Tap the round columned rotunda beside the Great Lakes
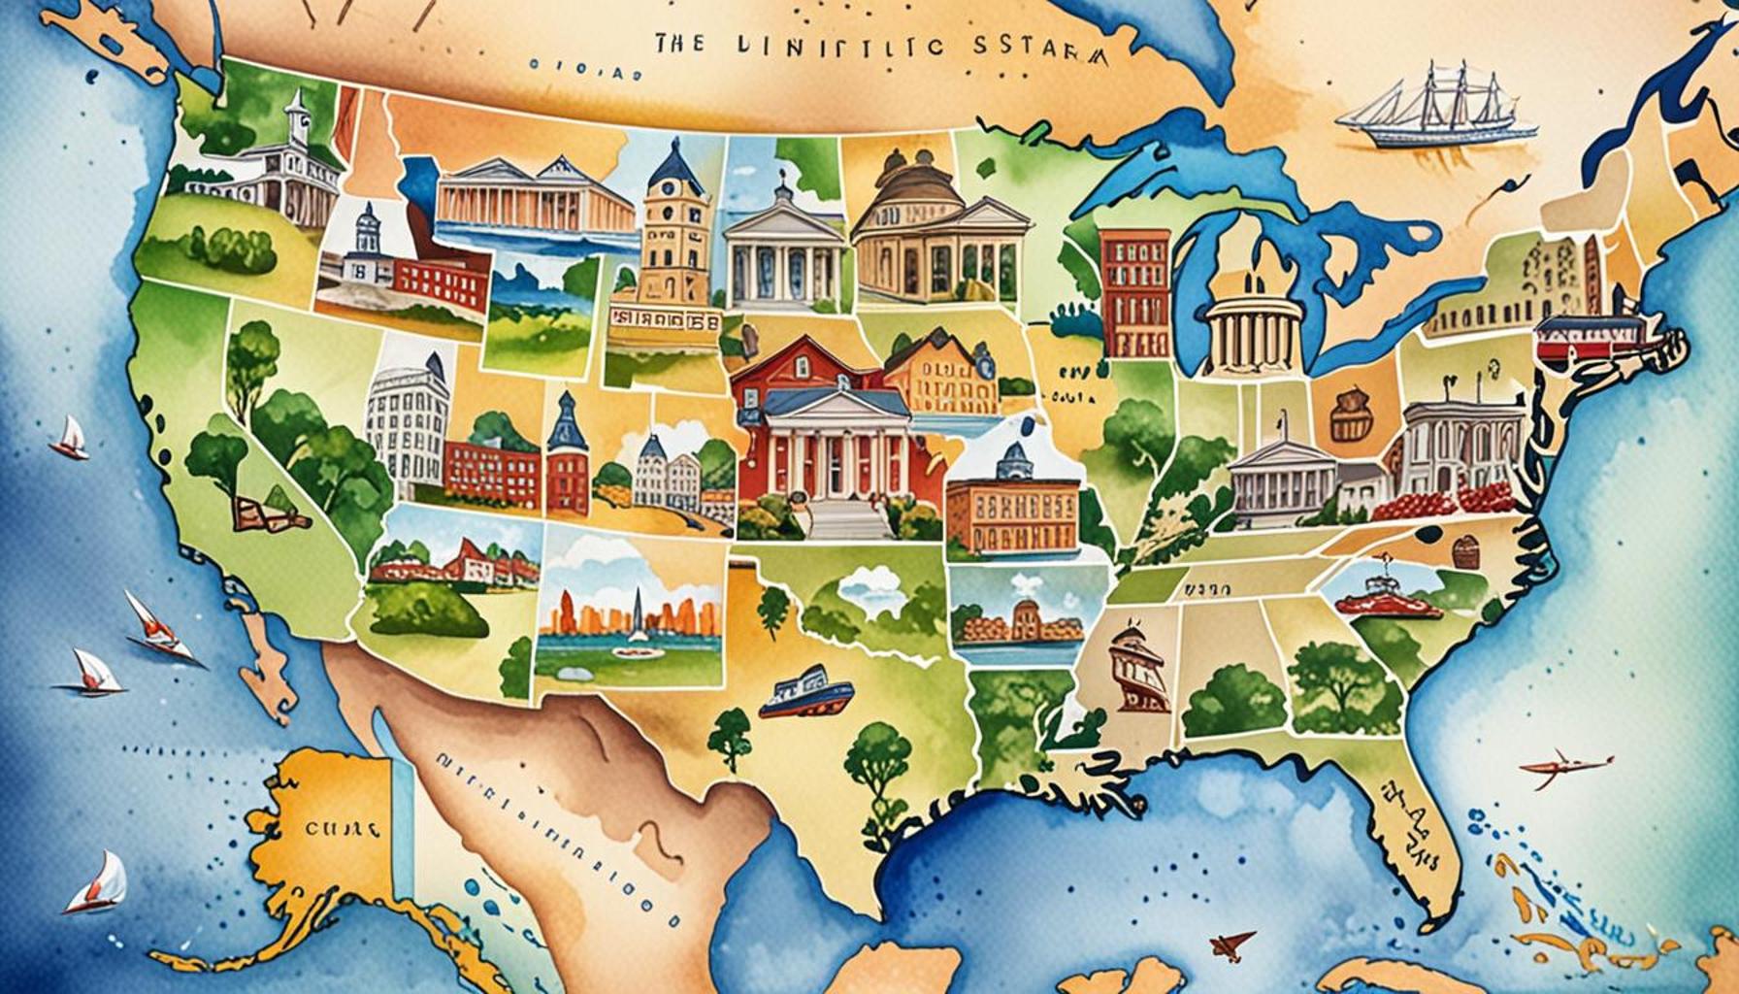[x=1252, y=325]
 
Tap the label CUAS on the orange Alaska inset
[x=340, y=831]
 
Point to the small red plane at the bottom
[x=1230, y=944]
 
